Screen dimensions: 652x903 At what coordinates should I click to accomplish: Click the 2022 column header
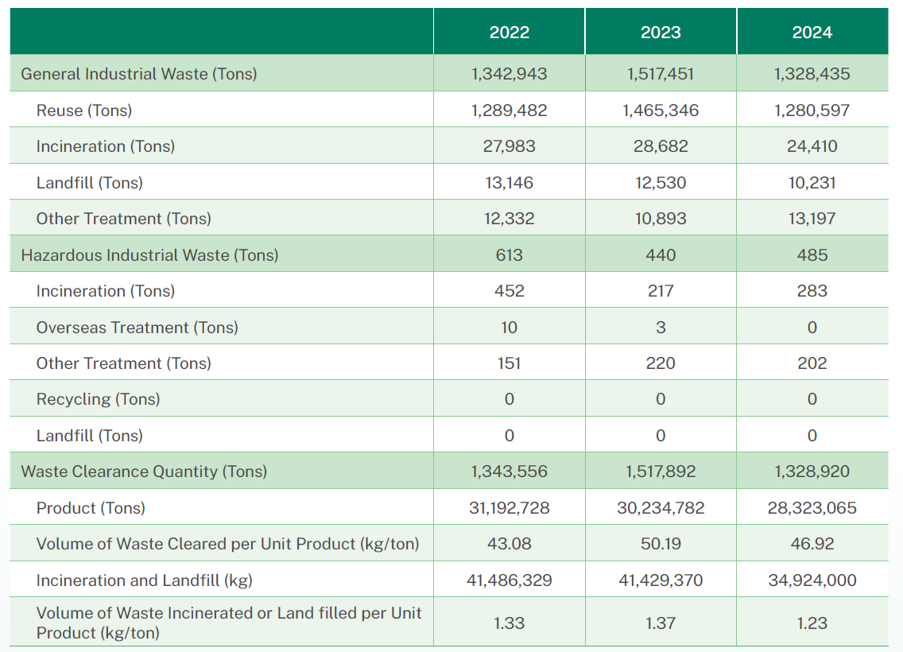click(509, 33)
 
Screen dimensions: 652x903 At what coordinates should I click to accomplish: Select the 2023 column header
click(661, 33)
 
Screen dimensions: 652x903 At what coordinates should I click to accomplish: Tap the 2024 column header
click(812, 33)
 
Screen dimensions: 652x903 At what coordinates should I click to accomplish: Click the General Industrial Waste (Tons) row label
click(139, 74)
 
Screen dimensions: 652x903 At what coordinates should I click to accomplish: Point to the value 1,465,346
click(661, 111)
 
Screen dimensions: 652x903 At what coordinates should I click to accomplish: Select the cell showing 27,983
click(509, 146)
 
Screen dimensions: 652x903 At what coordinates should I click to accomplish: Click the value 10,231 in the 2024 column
click(812, 183)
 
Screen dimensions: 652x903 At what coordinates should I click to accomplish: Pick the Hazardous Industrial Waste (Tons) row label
click(149, 255)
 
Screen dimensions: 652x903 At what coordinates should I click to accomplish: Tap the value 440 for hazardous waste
click(661, 255)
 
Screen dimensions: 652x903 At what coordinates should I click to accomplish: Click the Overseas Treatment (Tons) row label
click(137, 328)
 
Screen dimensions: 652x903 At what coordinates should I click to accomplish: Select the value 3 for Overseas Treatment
click(661, 328)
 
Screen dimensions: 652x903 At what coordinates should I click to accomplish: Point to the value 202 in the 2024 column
click(812, 363)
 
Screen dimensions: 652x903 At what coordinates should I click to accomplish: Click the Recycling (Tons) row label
click(98, 399)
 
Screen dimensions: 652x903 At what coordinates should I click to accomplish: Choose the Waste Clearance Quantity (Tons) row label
click(144, 472)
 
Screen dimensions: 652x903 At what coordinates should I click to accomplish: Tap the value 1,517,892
click(661, 472)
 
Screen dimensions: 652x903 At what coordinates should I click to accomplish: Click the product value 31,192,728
click(509, 508)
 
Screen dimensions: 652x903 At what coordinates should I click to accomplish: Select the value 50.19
click(661, 544)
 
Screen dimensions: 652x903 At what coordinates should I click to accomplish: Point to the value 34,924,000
click(812, 580)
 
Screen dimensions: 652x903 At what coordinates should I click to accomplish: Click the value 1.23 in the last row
click(812, 623)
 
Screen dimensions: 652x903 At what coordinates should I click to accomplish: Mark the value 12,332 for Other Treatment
click(509, 219)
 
